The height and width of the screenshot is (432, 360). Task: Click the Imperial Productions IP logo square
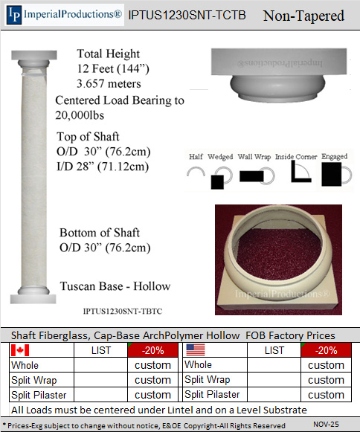click(x=14, y=15)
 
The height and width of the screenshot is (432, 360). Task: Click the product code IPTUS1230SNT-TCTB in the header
click(x=187, y=15)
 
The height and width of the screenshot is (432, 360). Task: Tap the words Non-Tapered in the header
click(x=303, y=16)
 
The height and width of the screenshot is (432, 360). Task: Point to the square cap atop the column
click(x=34, y=55)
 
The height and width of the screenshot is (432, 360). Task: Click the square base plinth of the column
click(x=33, y=299)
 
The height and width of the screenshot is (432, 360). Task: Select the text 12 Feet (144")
click(x=113, y=69)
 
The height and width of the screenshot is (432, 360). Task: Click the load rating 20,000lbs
click(x=80, y=115)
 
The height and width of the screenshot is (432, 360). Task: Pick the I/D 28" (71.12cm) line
click(x=103, y=167)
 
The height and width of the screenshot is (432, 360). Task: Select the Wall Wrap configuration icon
click(x=257, y=176)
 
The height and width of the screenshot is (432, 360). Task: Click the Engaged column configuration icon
click(x=336, y=175)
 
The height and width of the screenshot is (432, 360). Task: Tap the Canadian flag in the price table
click(x=20, y=350)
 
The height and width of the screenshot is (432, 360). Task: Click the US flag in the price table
click(x=196, y=350)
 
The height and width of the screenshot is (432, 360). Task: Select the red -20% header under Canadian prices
click(x=153, y=350)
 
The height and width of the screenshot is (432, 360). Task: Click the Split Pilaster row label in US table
click(x=212, y=394)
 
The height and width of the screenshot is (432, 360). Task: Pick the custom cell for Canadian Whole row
click(x=152, y=365)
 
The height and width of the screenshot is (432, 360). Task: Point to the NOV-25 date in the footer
click(x=326, y=424)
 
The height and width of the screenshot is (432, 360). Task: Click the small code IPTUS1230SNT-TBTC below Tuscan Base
click(x=123, y=312)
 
